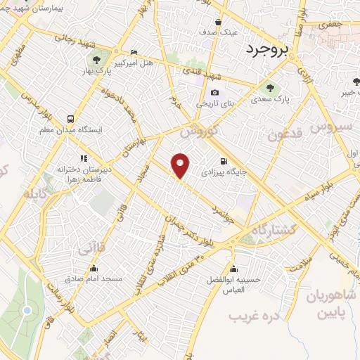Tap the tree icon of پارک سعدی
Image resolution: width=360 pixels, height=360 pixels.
271,88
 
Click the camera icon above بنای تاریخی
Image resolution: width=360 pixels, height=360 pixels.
214,92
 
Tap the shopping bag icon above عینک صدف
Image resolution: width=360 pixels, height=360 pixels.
218,21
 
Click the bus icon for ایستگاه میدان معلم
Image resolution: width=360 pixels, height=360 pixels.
70,119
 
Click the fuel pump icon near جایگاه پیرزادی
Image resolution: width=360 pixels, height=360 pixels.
224,160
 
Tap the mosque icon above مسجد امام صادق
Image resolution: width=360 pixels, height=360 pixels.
94,267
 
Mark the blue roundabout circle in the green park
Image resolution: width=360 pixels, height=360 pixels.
27,310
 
